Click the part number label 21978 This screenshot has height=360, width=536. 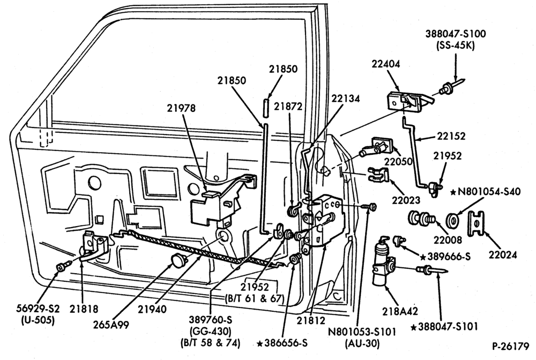[181, 108]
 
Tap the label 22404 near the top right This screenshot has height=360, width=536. [386, 64]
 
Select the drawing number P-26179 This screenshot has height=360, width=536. [510, 346]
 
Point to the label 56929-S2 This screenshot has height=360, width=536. [38, 309]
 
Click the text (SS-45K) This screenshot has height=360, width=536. [455, 46]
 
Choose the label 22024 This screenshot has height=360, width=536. [503, 254]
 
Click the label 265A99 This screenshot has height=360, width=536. [111, 325]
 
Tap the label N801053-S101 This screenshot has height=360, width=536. [361, 332]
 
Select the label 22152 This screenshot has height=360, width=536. [451, 136]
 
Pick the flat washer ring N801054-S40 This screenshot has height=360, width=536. [453, 220]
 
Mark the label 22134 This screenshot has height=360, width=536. [345, 99]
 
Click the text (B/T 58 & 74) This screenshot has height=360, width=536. [210, 343]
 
